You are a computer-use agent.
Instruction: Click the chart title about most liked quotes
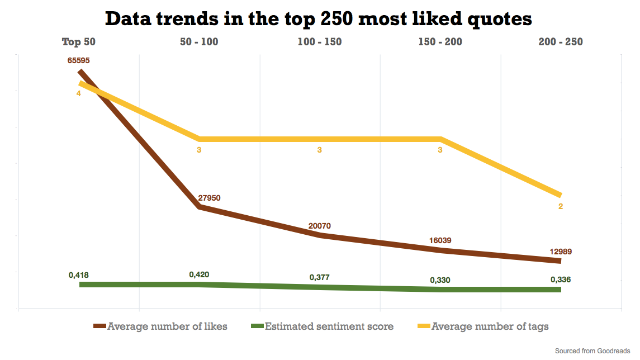click(x=319, y=18)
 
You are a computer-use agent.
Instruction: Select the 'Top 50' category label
click(x=79, y=42)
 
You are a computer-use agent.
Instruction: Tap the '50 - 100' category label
click(x=199, y=42)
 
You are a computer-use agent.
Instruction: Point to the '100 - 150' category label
click(x=320, y=42)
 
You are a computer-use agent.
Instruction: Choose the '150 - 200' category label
click(x=440, y=42)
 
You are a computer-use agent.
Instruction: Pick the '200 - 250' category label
click(x=560, y=42)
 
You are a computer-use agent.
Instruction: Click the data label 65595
click(x=79, y=60)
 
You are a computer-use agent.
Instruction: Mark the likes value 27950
click(x=210, y=198)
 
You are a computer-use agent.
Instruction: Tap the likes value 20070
click(x=320, y=226)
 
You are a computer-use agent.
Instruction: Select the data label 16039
click(x=440, y=240)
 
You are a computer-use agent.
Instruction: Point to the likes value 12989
click(x=560, y=252)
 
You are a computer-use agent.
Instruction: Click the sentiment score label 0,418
click(x=79, y=275)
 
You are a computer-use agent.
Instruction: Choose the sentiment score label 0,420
click(x=200, y=274)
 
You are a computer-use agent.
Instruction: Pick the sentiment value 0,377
click(x=320, y=277)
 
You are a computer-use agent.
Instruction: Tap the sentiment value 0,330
click(x=440, y=280)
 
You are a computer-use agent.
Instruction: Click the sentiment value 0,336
click(x=561, y=280)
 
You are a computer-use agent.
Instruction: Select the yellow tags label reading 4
click(x=79, y=93)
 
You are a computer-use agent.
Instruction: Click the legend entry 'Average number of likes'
click(x=167, y=326)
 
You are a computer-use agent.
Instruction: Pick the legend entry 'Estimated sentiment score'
click(x=329, y=326)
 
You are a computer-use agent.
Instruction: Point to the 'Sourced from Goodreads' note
click(x=592, y=351)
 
